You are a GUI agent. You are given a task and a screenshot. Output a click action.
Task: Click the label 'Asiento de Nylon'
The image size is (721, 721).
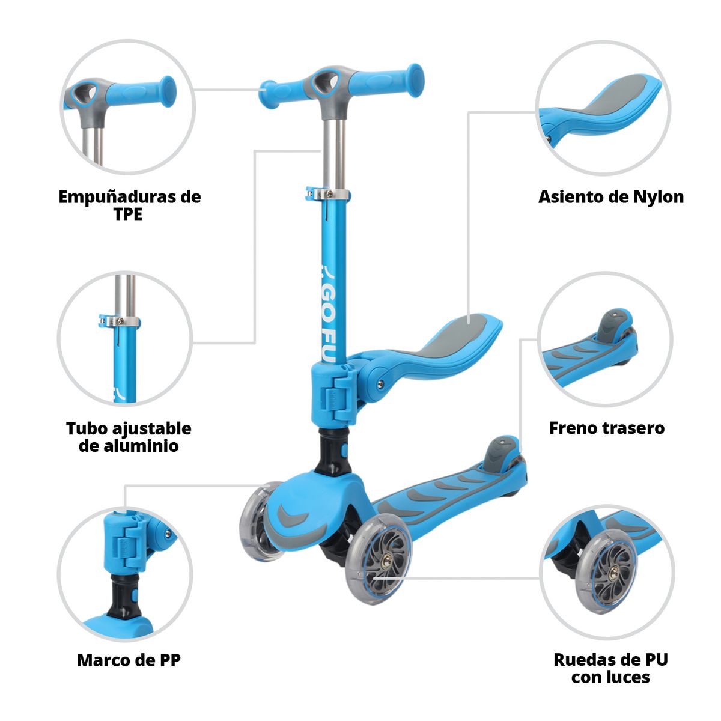coord(610,197)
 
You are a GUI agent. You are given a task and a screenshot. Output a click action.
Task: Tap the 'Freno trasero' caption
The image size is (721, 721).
coord(606,428)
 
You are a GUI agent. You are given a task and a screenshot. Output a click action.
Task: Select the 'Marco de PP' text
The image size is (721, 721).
coord(129,660)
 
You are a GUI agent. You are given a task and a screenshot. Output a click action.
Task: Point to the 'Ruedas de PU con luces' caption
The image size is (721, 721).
coord(610,668)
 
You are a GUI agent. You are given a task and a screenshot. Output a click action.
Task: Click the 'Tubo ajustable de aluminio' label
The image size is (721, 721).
coord(129,437)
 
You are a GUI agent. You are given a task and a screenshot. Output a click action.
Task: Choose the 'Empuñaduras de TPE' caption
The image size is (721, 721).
coord(129,205)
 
